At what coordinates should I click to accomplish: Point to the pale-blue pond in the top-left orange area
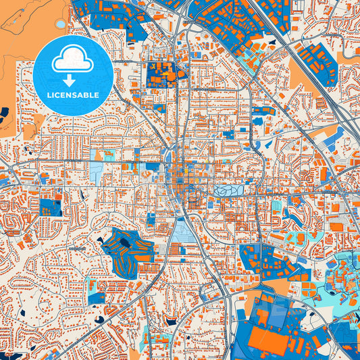[61, 24]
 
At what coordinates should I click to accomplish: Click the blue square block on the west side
[49, 207]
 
